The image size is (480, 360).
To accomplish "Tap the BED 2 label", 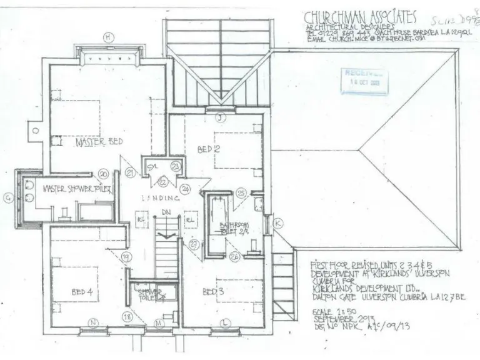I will tap(209, 149).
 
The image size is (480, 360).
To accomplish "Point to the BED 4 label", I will tap(82, 292).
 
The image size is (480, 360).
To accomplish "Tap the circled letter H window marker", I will tap(108, 38).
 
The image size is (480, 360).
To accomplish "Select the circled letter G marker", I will tap(8, 198).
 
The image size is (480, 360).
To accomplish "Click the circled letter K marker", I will tap(278, 222).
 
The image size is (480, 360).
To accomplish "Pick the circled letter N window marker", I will tap(94, 322).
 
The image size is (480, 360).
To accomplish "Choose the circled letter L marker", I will tap(224, 322).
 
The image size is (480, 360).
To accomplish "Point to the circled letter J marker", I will tap(219, 117).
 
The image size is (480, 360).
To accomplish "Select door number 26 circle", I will tap(235, 255).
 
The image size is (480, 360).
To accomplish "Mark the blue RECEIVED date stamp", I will tap(363, 78).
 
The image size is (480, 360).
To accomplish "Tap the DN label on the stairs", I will tap(166, 213).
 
